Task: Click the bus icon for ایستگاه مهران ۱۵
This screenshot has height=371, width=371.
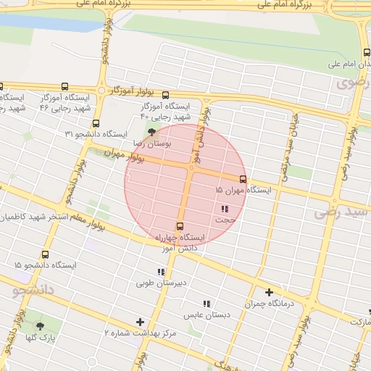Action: click(x=243, y=179)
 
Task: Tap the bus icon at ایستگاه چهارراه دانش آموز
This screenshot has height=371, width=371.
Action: click(x=180, y=225)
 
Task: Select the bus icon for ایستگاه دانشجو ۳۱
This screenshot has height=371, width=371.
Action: click(x=96, y=123)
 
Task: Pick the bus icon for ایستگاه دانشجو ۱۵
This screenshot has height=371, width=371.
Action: click(x=46, y=255)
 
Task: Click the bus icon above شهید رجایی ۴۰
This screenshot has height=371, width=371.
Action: click(x=165, y=95)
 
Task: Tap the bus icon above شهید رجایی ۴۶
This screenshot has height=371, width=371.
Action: click(x=65, y=86)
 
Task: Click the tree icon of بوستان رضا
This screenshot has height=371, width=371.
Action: click(x=151, y=132)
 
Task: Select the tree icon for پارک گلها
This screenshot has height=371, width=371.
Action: click(x=40, y=326)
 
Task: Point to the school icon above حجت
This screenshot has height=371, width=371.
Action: click(x=225, y=209)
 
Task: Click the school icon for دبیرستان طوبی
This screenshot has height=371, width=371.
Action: click(x=161, y=272)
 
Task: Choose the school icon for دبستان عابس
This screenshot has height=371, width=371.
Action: click(x=207, y=304)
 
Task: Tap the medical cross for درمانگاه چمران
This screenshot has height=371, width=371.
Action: click(x=269, y=293)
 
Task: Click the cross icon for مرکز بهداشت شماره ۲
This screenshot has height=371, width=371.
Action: click(x=140, y=322)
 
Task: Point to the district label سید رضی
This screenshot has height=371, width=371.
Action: click(x=342, y=213)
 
